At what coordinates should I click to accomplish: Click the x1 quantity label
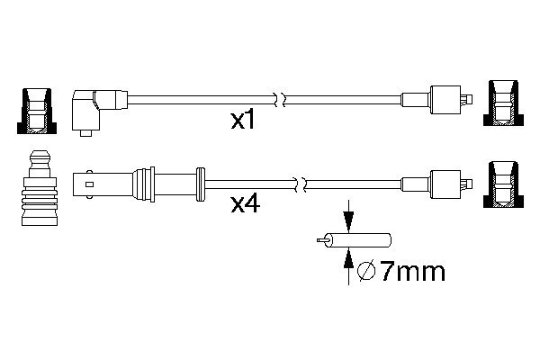coord(242,121)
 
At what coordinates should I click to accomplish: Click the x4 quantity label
coord(245,204)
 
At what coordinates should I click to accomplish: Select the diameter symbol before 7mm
coord(367,270)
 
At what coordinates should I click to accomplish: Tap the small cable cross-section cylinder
coord(358,241)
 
